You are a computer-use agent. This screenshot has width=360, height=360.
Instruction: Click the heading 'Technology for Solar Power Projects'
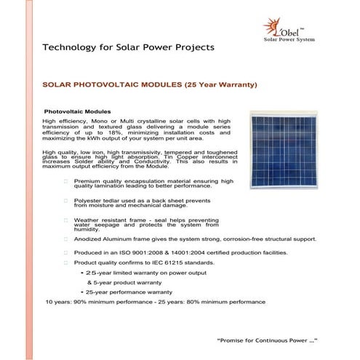(129, 47)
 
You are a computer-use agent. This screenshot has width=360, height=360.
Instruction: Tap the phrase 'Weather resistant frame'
(108, 218)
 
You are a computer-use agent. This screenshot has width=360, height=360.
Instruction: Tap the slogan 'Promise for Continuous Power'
(265, 340)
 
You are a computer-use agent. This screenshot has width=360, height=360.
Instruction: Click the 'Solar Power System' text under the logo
(291, 39)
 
